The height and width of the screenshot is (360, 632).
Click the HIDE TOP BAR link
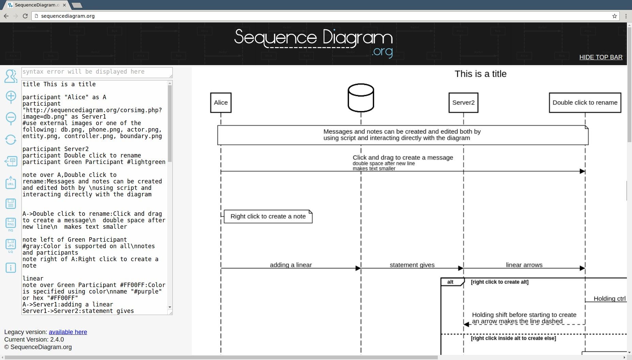601,57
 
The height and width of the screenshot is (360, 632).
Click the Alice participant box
221,103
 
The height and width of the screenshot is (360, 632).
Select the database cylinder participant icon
361,98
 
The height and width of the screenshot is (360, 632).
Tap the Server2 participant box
463,103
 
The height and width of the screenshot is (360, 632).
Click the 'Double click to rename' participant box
585,103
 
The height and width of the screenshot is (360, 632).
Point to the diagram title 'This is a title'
480,74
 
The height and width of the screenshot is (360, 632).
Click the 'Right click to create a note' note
268,216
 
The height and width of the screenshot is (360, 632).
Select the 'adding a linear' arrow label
291,265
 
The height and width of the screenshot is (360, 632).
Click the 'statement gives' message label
412,265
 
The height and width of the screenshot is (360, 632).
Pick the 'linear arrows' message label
524,265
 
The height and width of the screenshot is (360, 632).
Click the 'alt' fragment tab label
450,282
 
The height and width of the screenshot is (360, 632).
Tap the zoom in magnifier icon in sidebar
11,97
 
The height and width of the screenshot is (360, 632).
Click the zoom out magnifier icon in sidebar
11,118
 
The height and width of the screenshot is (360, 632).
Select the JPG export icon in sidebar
11,246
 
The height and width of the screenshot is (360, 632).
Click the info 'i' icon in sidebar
11,268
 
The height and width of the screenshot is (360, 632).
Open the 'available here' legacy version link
68,332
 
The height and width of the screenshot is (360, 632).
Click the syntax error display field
97,72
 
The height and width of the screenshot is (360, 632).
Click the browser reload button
25,16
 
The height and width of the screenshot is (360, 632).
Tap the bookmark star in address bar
615,16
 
